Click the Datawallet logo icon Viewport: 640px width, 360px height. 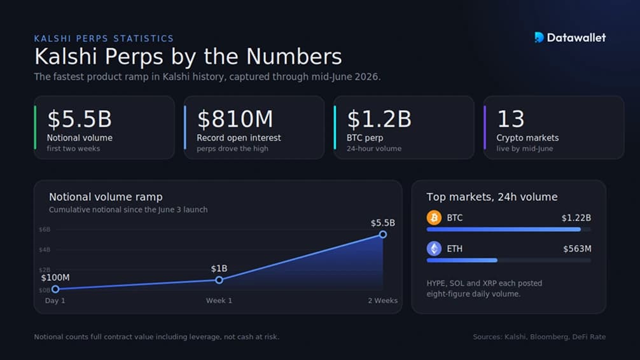coord(539,38)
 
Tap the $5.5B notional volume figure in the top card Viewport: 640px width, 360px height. coord(80,119)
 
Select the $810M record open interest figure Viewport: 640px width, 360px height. coord(235,119)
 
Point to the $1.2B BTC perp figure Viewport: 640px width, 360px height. coord(379,119)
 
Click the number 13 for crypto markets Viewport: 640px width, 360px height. coord(511,119)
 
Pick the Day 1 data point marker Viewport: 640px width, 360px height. coord(55,289)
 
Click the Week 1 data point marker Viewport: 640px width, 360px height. coord(219,280)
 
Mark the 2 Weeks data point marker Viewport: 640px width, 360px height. coord(383,234)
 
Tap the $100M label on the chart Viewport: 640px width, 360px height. coord(55,277)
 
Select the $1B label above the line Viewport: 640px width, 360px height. coord(219,268)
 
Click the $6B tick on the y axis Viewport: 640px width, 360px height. coord(45,230)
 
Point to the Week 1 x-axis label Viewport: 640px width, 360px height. coord(219,300)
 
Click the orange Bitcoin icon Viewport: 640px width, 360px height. coord(434,218)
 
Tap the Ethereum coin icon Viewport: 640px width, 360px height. coord(434,249)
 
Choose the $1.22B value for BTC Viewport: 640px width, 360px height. coord(576,218)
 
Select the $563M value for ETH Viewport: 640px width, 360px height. coord(577,249)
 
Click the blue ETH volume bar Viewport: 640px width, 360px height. coord(462,260)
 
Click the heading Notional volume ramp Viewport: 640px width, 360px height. coord(106,197)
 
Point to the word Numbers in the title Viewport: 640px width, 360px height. coord(294,57)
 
